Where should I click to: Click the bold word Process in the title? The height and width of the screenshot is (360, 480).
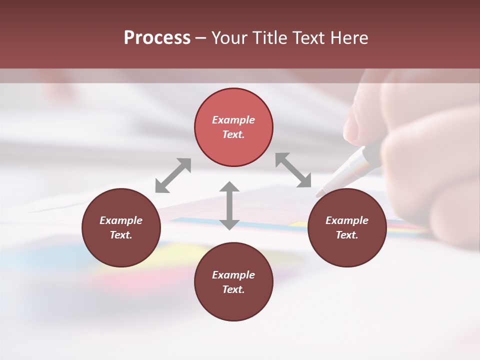pyautogui.click(x=157, y=38)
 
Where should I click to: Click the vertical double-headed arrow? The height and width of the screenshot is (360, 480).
pyautogui.click(x=229, y=205)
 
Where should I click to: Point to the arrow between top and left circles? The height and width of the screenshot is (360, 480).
pyautogui.click(x=173, y=175)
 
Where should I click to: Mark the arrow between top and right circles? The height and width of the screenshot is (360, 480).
pyautogui.click(x=293, y=170)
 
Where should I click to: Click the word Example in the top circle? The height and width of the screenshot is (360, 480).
pyautogui.click(x=233, y=120)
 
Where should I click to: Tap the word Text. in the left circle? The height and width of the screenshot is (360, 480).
pyautogui.click(x=121, y=235)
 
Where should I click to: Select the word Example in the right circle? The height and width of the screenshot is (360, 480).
pyautogui.click(x=347, y=220)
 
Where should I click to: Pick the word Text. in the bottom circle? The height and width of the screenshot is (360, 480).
pyautogui.click(x=233, y=289)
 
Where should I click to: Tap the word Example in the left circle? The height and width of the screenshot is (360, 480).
pyautogui.click(x=121, y=220)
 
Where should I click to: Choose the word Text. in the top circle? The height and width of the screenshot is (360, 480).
pyautogui.click(x=233, y=134)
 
